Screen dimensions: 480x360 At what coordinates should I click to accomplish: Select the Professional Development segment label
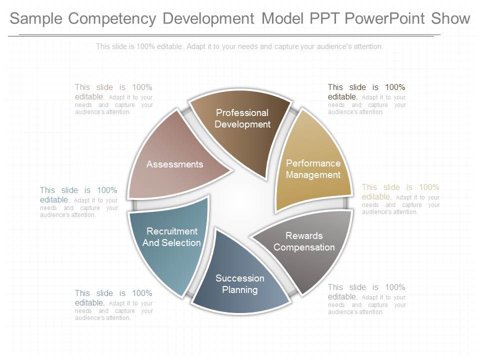point(242,118)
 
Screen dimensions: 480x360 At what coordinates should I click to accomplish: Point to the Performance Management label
point(313,169)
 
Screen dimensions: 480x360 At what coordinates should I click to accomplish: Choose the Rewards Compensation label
point(304,241)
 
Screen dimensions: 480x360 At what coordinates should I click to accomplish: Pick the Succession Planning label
point(240,284)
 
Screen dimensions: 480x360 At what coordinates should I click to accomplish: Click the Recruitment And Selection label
point(171,237)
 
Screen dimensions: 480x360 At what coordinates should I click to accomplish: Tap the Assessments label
point(174,164)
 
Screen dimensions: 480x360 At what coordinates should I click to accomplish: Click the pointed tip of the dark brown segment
point(265,177)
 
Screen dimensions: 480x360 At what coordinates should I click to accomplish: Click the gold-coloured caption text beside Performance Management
point(401,199)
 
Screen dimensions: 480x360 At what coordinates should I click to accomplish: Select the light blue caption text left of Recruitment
point(78,201)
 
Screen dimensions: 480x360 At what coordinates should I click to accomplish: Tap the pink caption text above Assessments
point(114,99)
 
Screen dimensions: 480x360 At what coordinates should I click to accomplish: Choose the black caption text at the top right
point(367,99)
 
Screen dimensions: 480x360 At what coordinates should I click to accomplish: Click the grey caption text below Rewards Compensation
point(367,299)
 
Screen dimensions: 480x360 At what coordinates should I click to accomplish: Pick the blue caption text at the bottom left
point(114,305)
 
